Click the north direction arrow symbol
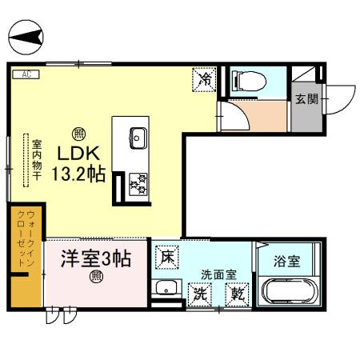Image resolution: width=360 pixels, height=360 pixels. pyautogui.click(x=26, y=36)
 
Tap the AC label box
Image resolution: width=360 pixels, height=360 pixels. pyautogui.click(x=26, y=74)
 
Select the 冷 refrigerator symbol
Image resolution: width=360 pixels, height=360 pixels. pyautogui.click(x=205, y=79)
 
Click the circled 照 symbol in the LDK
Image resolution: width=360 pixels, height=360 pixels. pyautogui.click(x=78, y=133)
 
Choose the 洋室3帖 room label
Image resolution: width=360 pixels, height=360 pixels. pyautogui.click(x=96, y=258)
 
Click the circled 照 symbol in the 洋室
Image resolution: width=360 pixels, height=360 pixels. pyautogui.click(x=96, y=278)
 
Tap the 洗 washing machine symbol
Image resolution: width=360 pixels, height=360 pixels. pyautogui.click(x=200, y=294)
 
